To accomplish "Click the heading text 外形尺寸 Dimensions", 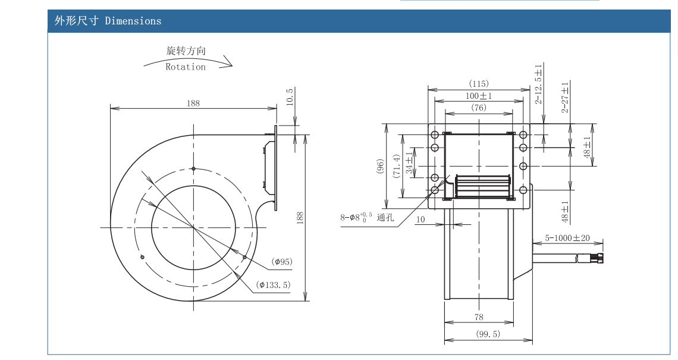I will tap(108, 21).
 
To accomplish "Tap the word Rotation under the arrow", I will tap(186, 67).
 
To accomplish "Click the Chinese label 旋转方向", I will tap(186, 51).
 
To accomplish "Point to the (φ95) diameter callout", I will tap(282, 261).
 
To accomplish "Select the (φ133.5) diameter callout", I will tap(274, 285).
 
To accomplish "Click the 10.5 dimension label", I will tap(290, 98).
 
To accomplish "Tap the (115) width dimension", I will tap(479, 84).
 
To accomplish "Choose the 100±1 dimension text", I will tap(479, 96).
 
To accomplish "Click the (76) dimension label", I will tap(479, 108).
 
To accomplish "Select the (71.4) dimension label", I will tap(396, 166).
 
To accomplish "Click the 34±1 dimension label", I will tap(409, 162).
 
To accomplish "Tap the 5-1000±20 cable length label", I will tap(567, 239).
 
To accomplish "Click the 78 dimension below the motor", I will tap(479, 317).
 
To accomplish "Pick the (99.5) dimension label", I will tap(488, 334).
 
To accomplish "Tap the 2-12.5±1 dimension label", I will tap(538, 84).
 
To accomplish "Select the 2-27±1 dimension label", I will tap(565, 97).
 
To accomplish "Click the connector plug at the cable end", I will tap(597, 259).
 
